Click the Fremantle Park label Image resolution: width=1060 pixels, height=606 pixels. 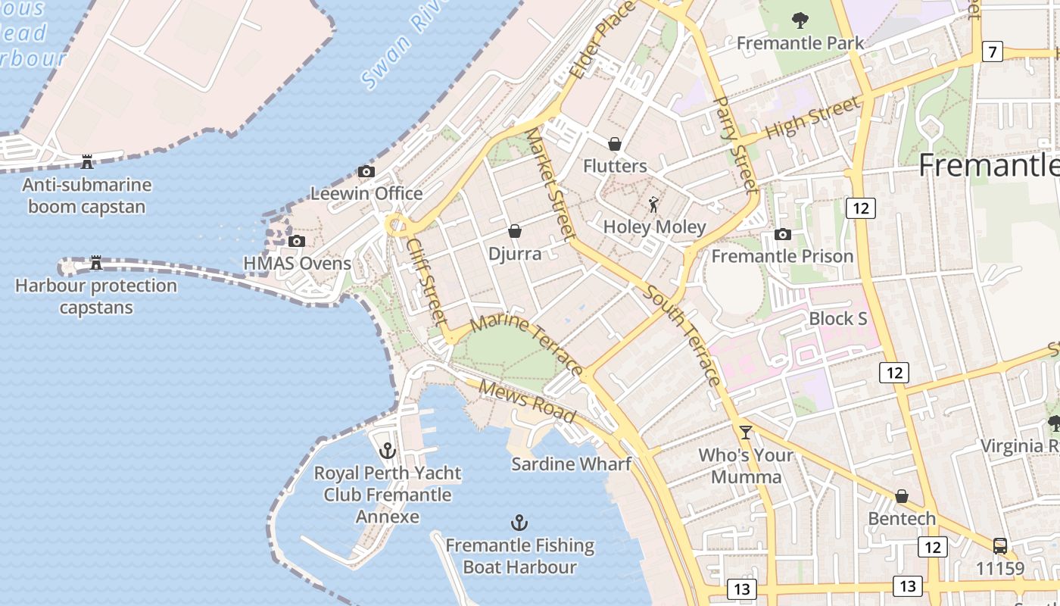800,43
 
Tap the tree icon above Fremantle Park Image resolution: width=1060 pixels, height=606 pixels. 800,20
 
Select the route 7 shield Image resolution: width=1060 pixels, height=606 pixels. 992,52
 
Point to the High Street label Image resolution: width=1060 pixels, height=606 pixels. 813,117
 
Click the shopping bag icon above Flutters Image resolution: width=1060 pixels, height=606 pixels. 615,144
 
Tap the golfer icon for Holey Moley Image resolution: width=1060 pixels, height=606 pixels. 654,205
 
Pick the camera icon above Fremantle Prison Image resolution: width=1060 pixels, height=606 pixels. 783,235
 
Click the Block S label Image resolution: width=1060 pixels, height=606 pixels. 838,319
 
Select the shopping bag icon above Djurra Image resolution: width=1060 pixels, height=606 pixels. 515,231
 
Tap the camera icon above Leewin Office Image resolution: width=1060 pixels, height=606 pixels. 366,172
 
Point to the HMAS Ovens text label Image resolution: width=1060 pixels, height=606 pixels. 298,264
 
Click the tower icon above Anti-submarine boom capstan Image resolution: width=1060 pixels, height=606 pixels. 87,161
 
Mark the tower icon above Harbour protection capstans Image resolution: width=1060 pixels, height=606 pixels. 96,263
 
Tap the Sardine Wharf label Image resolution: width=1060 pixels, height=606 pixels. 571,464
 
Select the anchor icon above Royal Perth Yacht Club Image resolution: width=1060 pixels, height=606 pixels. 388,451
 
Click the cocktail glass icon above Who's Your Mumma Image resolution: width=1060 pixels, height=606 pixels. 746,433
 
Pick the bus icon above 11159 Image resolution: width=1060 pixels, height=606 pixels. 999,546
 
